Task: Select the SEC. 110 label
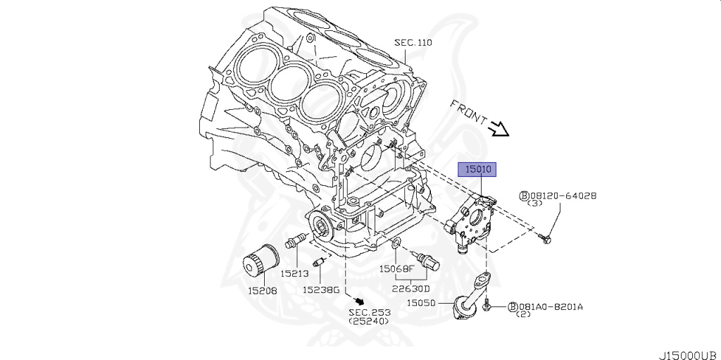tap(413, 43)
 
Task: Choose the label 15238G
tap(321, 290)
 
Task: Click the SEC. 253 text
tap(368, 311)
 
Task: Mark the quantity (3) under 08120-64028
tap(535, 204)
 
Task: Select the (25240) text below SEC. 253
tap(368, 321)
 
